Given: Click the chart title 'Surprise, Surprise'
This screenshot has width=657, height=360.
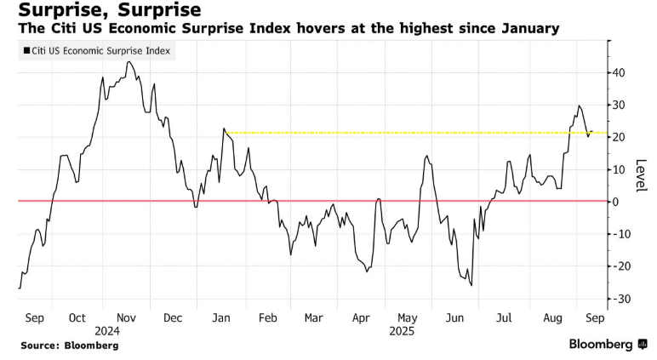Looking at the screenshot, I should pos(103,11).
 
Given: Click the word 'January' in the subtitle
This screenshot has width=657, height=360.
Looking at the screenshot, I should pos(525,30).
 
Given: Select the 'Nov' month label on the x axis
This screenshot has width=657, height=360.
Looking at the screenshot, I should pos(128,317).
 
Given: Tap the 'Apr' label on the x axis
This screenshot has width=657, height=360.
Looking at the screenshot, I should pos(361,317).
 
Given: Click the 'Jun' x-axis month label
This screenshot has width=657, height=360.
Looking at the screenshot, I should pos(456,317).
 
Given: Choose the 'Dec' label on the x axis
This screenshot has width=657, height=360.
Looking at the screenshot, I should pos(174,317).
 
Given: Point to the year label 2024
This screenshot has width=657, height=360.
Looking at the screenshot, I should pos(108,330).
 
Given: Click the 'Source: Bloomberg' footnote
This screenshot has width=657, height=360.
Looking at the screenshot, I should pos(70,346).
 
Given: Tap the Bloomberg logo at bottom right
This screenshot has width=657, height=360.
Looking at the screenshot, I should pos(606,344).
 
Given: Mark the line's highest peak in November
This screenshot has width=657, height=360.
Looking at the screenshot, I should pos(128,61).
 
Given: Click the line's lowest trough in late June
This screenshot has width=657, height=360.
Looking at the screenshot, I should pos(471,285).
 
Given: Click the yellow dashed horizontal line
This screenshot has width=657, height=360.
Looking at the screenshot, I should pos(408,133).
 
